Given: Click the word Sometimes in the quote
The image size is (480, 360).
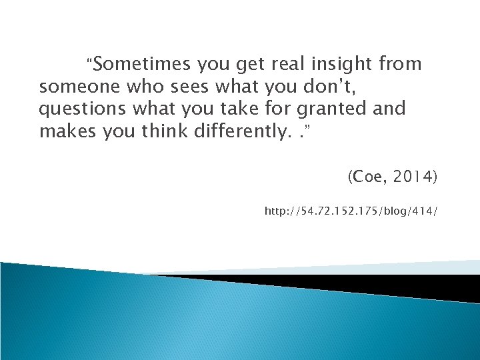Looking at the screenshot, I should (142, 65).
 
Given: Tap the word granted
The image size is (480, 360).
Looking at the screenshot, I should (325, 109).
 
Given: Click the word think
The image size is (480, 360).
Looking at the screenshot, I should (162, 131).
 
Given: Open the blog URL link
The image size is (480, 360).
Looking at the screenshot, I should (351, 211).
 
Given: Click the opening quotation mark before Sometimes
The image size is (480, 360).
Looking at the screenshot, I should (91, 62).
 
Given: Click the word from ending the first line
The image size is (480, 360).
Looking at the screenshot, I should (399, 65).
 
